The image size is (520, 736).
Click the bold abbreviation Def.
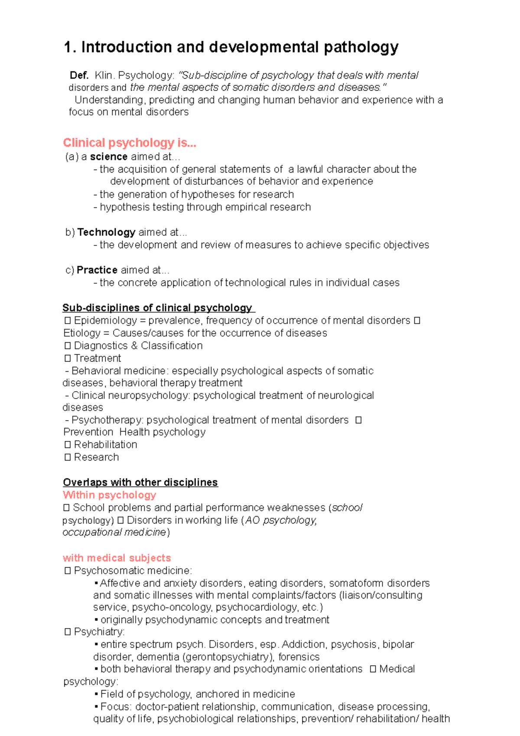pos(79,75)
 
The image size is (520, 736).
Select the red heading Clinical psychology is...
pos(130,143)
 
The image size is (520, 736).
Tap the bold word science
pos(109,157)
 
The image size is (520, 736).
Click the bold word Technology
pos(107,232)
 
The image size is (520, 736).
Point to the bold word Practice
pos(97,270)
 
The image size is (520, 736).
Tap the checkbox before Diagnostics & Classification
pos(68,346)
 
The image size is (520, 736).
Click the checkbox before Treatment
pos(68,358)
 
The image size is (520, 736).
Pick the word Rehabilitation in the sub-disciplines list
pos(105,445)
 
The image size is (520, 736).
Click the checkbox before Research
pos(68,457)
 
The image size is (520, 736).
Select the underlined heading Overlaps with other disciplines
pos(140,482)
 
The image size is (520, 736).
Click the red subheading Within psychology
pos(109,495)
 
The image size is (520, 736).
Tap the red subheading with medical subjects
pos(117,558)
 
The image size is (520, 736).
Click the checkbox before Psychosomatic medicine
pos(68,571)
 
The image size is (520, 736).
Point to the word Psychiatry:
pos(99,631)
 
